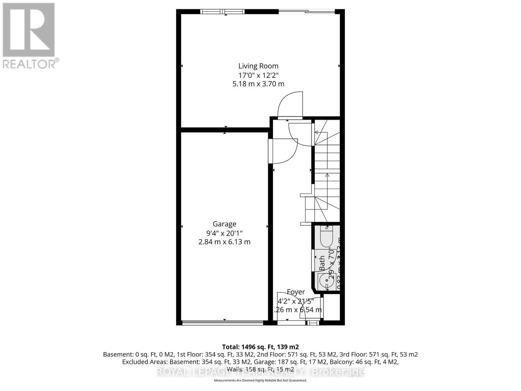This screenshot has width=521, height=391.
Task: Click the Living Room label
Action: click(258, 66)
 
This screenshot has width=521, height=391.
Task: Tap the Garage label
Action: click(224, 224)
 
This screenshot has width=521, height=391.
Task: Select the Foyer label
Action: click(296, 292)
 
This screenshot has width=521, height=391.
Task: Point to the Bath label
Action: click(322, 263)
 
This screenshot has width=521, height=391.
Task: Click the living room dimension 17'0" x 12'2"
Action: click(258, 75)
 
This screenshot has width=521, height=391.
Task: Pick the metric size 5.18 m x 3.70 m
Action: click(258, 84)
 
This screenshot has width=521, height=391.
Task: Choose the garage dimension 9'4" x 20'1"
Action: click(224, 233)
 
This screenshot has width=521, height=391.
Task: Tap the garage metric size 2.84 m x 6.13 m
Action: click(224, 242)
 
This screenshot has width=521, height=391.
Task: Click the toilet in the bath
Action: click(326, 238)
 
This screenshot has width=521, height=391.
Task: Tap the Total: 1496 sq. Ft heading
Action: click(260, 347)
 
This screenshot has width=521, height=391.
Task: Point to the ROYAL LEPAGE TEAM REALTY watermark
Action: click(260, 372)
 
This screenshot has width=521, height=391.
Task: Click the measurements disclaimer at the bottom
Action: click(260, 380)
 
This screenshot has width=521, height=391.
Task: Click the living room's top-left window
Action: click(222, 12)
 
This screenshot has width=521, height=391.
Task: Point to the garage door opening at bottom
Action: click(223, 323)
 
